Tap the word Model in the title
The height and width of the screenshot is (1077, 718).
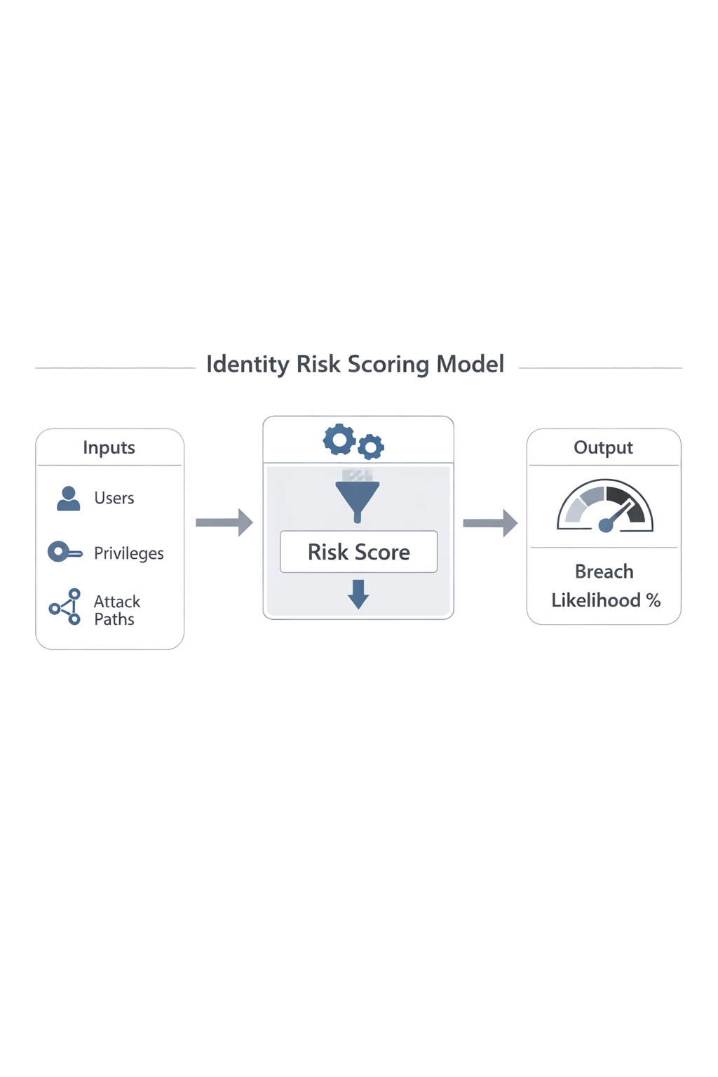pos(470,365)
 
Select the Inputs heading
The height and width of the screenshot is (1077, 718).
pos(109,447)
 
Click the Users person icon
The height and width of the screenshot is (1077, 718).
pos(68,499)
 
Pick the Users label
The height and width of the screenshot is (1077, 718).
pos(114,498)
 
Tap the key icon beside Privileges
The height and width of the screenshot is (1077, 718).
pos(64,552)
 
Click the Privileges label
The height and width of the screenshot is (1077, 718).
pos(129,553)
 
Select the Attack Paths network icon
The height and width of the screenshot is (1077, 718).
pos(65,607)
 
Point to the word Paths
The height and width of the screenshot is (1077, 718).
pos(114,619)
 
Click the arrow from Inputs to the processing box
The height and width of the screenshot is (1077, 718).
pos(224,522)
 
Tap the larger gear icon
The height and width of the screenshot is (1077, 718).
pos(339,440)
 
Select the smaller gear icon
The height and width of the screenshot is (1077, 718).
pos(371,447)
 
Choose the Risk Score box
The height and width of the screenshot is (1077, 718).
pos(358,552)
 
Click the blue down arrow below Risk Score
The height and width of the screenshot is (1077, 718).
pos(358,594)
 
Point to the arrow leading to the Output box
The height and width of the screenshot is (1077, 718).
pos(490,523)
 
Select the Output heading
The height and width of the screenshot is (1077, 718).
pos(603,447)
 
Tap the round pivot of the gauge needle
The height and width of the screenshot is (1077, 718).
pos(606,526)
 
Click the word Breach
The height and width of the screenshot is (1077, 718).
pos(604,571)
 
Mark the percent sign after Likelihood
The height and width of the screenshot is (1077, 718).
pos(653,600)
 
